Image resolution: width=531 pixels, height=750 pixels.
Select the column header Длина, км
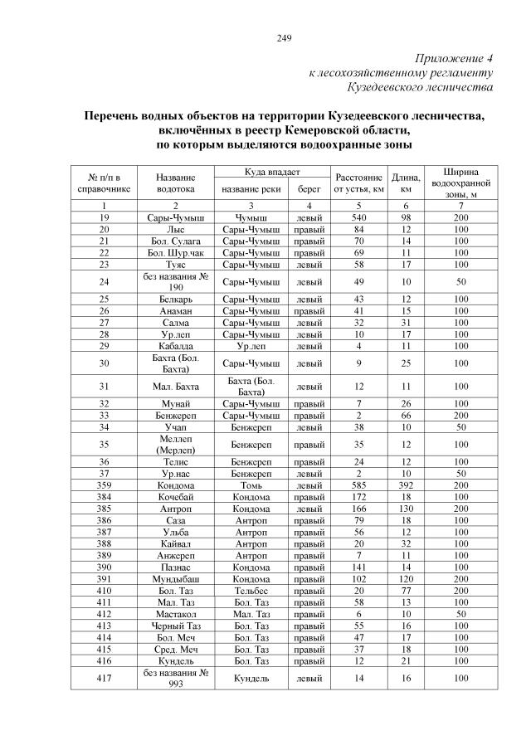(406, 183)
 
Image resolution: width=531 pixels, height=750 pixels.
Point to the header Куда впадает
(271, 172)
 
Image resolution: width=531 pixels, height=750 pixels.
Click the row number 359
(105, 485)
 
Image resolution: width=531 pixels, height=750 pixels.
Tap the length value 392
(406, 485)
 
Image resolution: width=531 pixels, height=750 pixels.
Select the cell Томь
(251, 485)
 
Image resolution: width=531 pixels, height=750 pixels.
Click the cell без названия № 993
(175, 678)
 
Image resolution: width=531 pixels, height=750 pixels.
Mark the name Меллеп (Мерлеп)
(175, 444)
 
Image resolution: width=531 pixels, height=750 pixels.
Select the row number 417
(105, 678)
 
